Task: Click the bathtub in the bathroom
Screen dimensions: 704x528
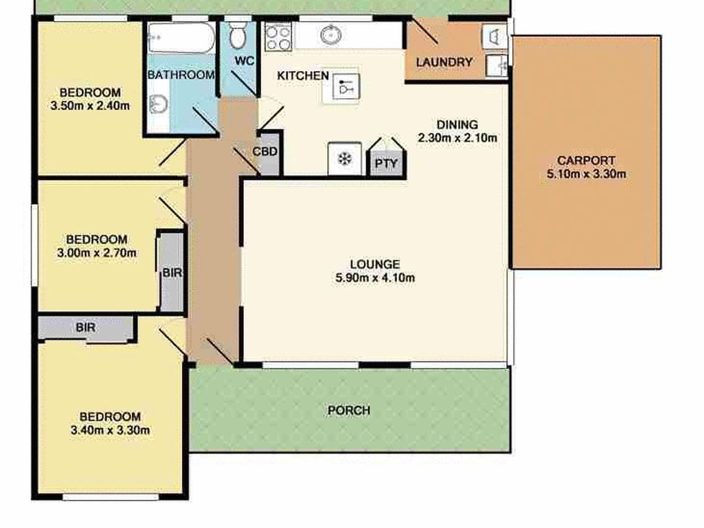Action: (181, 38)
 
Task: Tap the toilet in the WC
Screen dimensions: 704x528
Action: (238, 35)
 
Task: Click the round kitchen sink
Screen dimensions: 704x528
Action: (331, 35)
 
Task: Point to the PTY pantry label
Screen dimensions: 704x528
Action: (386, 164)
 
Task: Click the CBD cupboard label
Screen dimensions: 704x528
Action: (265, 151)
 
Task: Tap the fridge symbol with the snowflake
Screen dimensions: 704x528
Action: (345, 158)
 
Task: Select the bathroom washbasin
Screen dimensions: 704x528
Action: (158, 104)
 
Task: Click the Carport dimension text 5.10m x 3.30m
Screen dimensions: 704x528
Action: (586, 174)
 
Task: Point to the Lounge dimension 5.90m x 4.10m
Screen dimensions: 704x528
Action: (375, 277)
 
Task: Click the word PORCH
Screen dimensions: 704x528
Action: (349, 410)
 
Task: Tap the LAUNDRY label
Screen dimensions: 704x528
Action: (445, 62)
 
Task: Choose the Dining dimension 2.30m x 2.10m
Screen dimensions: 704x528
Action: (458, 138)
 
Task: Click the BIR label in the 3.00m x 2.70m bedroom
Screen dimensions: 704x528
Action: (172, 273)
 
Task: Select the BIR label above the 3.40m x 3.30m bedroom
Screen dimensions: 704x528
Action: (86, 327)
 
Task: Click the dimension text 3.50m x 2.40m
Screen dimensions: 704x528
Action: (90, 106)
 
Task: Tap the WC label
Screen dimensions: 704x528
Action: (245, 60)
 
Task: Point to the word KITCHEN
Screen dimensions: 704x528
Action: (303, 76)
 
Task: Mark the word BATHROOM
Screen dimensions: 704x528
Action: (181, 75)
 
